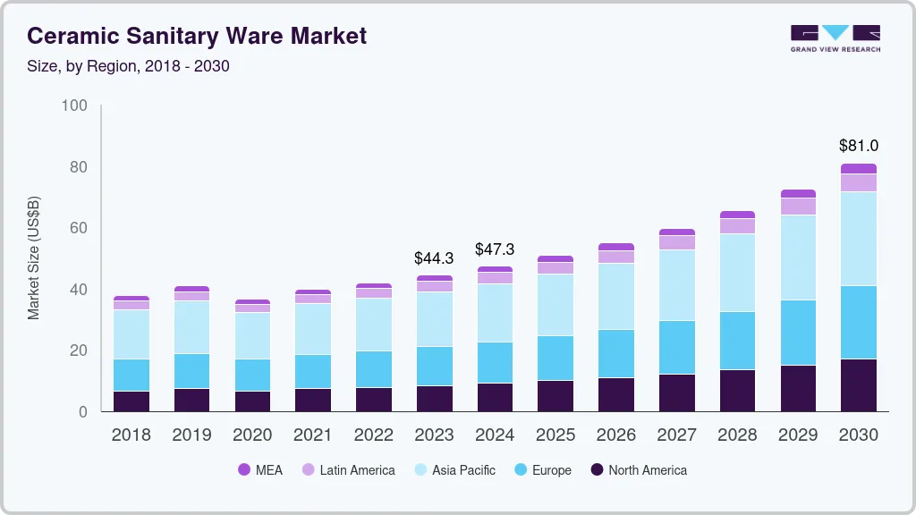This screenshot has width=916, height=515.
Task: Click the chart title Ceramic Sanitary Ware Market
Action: pyautogui.click(x=197, y=36)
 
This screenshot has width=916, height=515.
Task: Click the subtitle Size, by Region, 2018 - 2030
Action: pyautogui.click(x=128, y=66)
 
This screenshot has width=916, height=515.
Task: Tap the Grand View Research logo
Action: pyautogui.click(x=835, y=38)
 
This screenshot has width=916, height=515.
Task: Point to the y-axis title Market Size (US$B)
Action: pyautogui.click(x=34, y=257)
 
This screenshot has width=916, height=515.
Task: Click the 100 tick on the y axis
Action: pyautogui.click(x=74, y=106)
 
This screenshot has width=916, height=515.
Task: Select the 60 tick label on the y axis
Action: pyautogui.click(x=78, y=229)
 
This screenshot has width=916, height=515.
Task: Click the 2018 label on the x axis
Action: pyautogui.click(x=131, y=435)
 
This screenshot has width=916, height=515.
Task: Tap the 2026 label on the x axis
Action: pyautogui.click(x=616, y=435)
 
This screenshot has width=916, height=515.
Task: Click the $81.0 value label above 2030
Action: pyautogui.click(x=858, y=146)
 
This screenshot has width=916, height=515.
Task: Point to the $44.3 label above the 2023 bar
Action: pyautogui.click(x=434, y=258)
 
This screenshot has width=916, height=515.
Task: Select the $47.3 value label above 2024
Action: pyautogui.click(x=495, y=249)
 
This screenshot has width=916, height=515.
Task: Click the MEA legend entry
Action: pyautogui.click(x=259, y=470)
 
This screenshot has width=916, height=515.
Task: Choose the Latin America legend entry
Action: pyautogui.click(x=348, y=470)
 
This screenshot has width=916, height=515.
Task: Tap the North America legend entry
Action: pyautogui.click(x=638, y=470)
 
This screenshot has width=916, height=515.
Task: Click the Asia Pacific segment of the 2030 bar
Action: pyautogui.click(x=859, y=239)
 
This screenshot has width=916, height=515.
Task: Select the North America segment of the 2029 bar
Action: pyautogui.click(x=798, y=388)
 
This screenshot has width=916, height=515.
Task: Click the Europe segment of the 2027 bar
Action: pyautogui.click(x=677, y=347)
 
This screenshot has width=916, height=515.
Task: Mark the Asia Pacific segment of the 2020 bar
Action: pyautogui.click(x=252, y=335)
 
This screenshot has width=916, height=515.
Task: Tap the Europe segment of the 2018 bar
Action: pyautogui.click(x=131, y=375)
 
